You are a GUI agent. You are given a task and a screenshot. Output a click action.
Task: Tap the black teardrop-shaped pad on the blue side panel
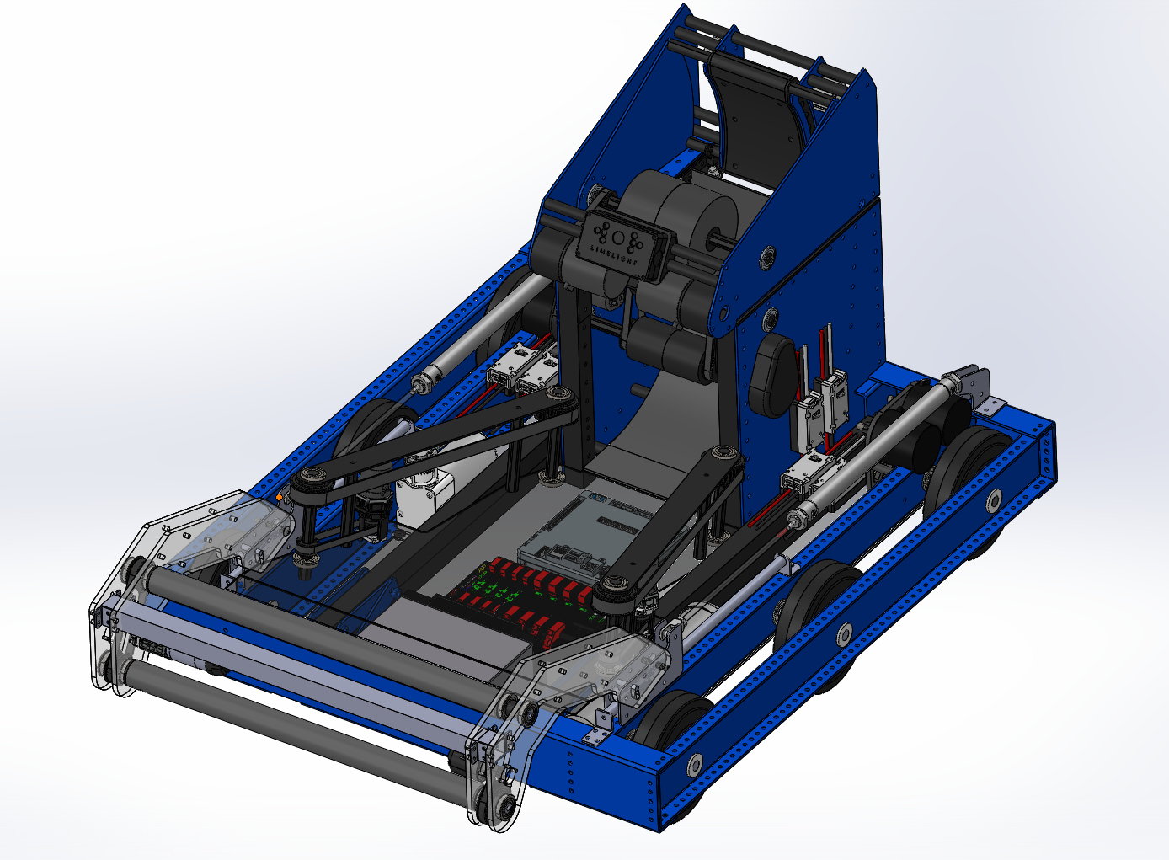tap(771, 375)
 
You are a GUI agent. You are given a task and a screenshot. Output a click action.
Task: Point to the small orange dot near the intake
tap(279, 498)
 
